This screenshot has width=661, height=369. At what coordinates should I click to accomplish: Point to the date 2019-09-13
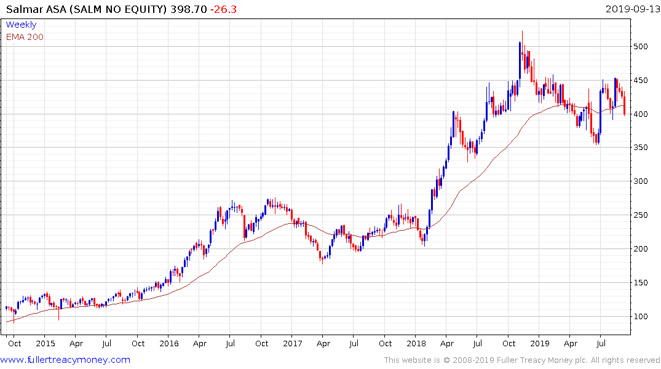tap(631, 9)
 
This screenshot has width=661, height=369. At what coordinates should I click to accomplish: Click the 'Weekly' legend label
tap(21, 25)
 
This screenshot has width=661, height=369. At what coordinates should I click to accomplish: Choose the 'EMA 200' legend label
tap(25, 36)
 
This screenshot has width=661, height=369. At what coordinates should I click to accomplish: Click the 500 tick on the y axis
tap(641, 47)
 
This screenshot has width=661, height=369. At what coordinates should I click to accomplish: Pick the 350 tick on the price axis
tap(641, 148)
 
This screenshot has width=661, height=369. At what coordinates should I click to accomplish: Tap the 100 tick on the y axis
tap(641, 316)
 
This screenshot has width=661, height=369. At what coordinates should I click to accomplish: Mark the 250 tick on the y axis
tap(641, 215)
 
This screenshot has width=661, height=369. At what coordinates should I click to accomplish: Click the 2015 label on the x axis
tap(46, 343)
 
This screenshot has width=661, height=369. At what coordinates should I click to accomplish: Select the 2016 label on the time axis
tap(169, 343)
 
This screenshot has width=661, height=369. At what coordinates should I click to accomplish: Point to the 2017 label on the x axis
tap(293, 343)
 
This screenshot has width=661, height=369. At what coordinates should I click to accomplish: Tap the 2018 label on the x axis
tap(416, 343)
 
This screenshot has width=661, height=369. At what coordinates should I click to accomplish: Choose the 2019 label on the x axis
tap(540, 343)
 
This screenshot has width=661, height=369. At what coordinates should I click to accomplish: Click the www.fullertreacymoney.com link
tap(66, 360)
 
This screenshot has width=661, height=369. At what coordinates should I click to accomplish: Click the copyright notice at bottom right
tap(522, 360)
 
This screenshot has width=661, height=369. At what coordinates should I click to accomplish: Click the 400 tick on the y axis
tap(641, 114)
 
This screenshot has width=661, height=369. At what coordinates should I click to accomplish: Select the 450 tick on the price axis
tap(641, 81)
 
